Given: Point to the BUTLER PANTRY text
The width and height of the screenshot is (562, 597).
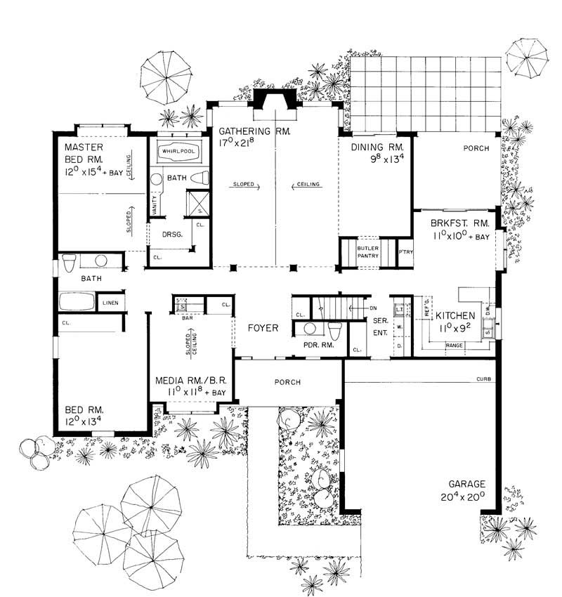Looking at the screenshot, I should tap(368, 252).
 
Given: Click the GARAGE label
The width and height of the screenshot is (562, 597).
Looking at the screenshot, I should tap(464, 484).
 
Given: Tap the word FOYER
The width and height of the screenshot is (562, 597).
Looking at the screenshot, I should tap(263, 328).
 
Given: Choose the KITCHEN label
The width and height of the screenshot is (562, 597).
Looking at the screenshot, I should tap(456, 315).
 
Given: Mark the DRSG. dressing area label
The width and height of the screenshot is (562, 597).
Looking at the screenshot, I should tap(173, 235).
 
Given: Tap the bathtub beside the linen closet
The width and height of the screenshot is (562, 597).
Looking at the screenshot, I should tap(77, 302).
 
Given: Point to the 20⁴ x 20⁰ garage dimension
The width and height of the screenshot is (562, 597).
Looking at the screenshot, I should tap(464, 497).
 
